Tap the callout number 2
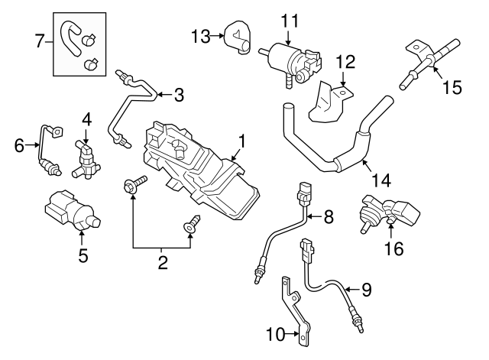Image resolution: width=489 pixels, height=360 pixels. pos(162,264)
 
